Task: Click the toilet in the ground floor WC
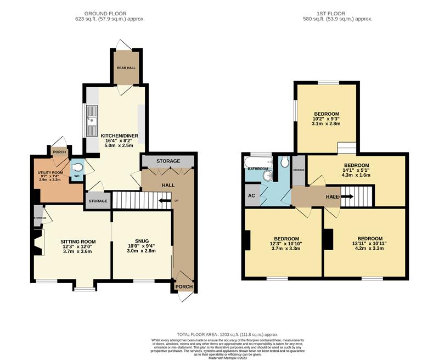click(77, 166)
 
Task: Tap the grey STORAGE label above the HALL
click(168, 161)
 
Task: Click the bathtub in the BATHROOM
click(257, 161)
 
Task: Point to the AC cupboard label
click(252, 195)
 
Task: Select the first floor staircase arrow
click(347, 196)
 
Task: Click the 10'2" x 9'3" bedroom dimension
click(327, 119)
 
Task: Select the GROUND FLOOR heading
click(105, 13)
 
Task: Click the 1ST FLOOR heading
click(337, 13)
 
